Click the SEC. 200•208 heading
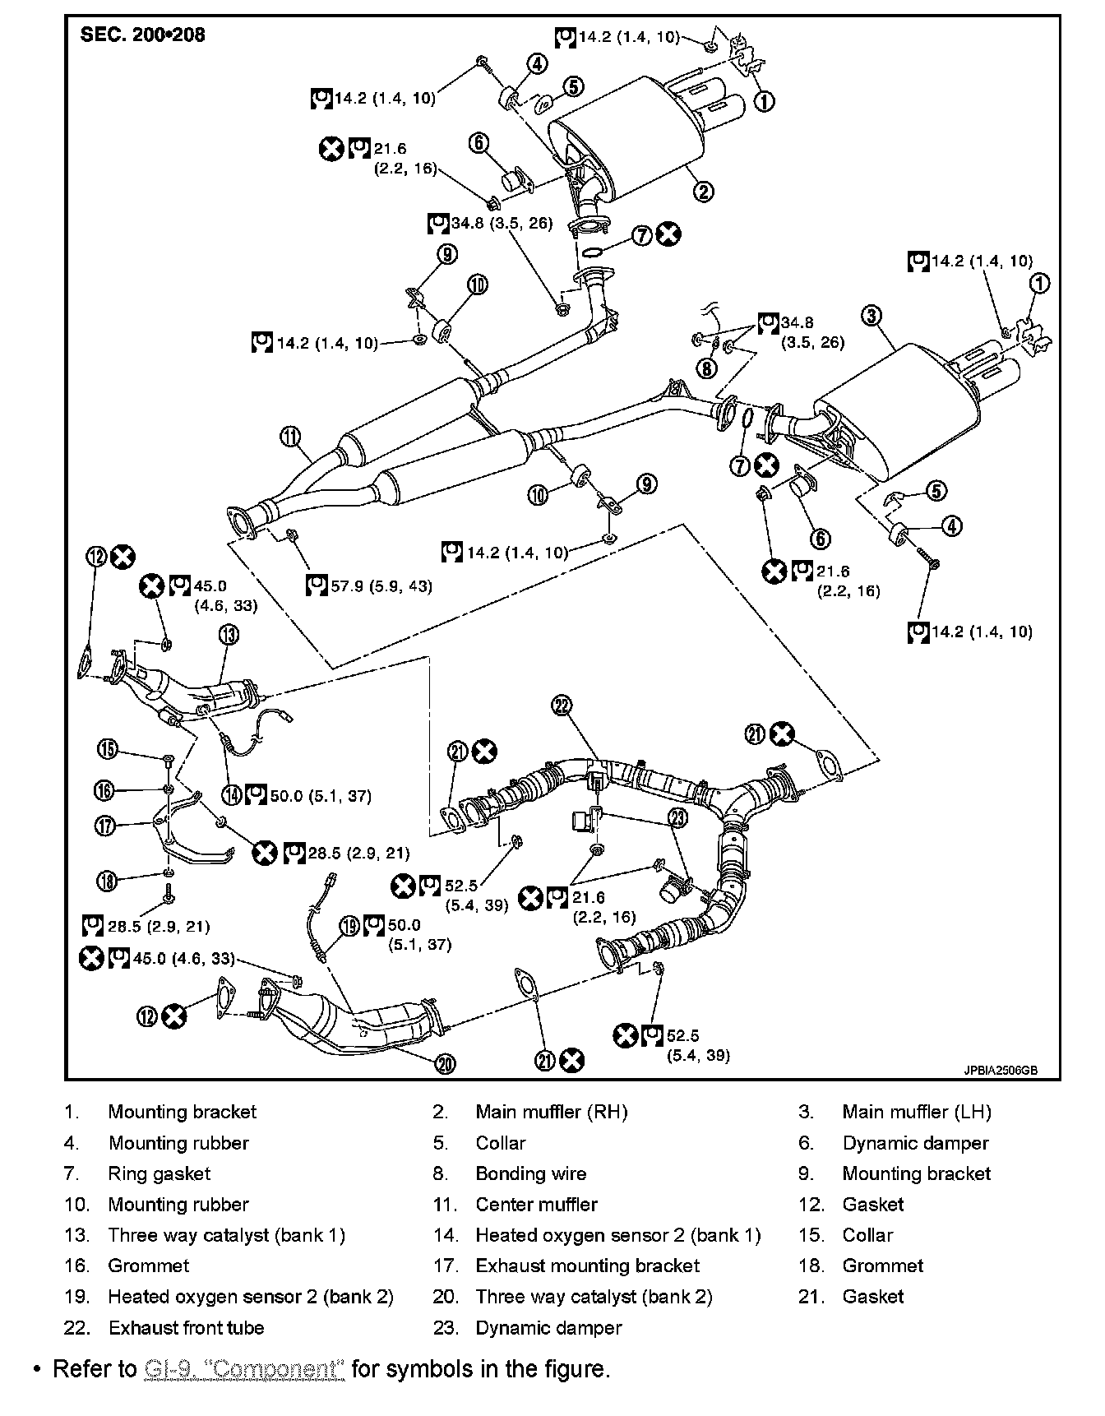pyautogui.click(x=142, y=35)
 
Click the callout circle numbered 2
pyautogui.click(x=703, y=192)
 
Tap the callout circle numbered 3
pyautogui.click(x=872, y=315)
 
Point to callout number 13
pyautogui.click(x=229, y=634)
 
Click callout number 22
pyautogui.click(x=562, y=705)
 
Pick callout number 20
pyautogui.click(x=444, y=1063)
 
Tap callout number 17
pyautogui.click(x=106, y=826)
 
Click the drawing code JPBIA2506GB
pyautogui.click(x=1001, y=1071)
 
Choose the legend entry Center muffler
pyautogui.click(x=536, y=1205)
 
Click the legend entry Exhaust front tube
pyautogui.click(x=186, y=1328)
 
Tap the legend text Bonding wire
pyautogui.click(x=530, y=1174)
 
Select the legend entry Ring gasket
pyautogui.click(x=159, y=1174)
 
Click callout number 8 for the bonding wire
pyautogui.click(x=707, y=368)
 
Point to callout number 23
pyautogui.click(x=677, y=817)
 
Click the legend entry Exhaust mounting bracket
pyautogui.click(x=587, y=1266)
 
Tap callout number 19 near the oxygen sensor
pyautogui.click(x=350, y=927)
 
